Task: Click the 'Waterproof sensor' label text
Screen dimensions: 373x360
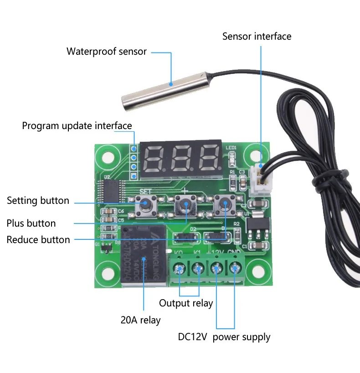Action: [x=107, y=51]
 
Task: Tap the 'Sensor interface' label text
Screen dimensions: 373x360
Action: [x=257, y=36]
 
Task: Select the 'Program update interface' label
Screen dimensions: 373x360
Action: [x=77, y=126]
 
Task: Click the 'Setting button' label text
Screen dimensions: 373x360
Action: [x=38, y=201]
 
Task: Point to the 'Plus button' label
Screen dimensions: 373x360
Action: [x=31, y=223]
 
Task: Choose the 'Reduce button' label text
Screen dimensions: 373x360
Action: [x=38, y=239]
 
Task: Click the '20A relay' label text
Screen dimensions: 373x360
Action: [x=140, y=320]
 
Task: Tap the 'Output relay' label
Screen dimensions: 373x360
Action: [x=186, y=303]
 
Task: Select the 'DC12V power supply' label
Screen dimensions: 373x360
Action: [x=224, y=337]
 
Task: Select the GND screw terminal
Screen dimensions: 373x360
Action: [x=235, y=269]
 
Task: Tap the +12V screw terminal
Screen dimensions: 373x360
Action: [x=217, y=269]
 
